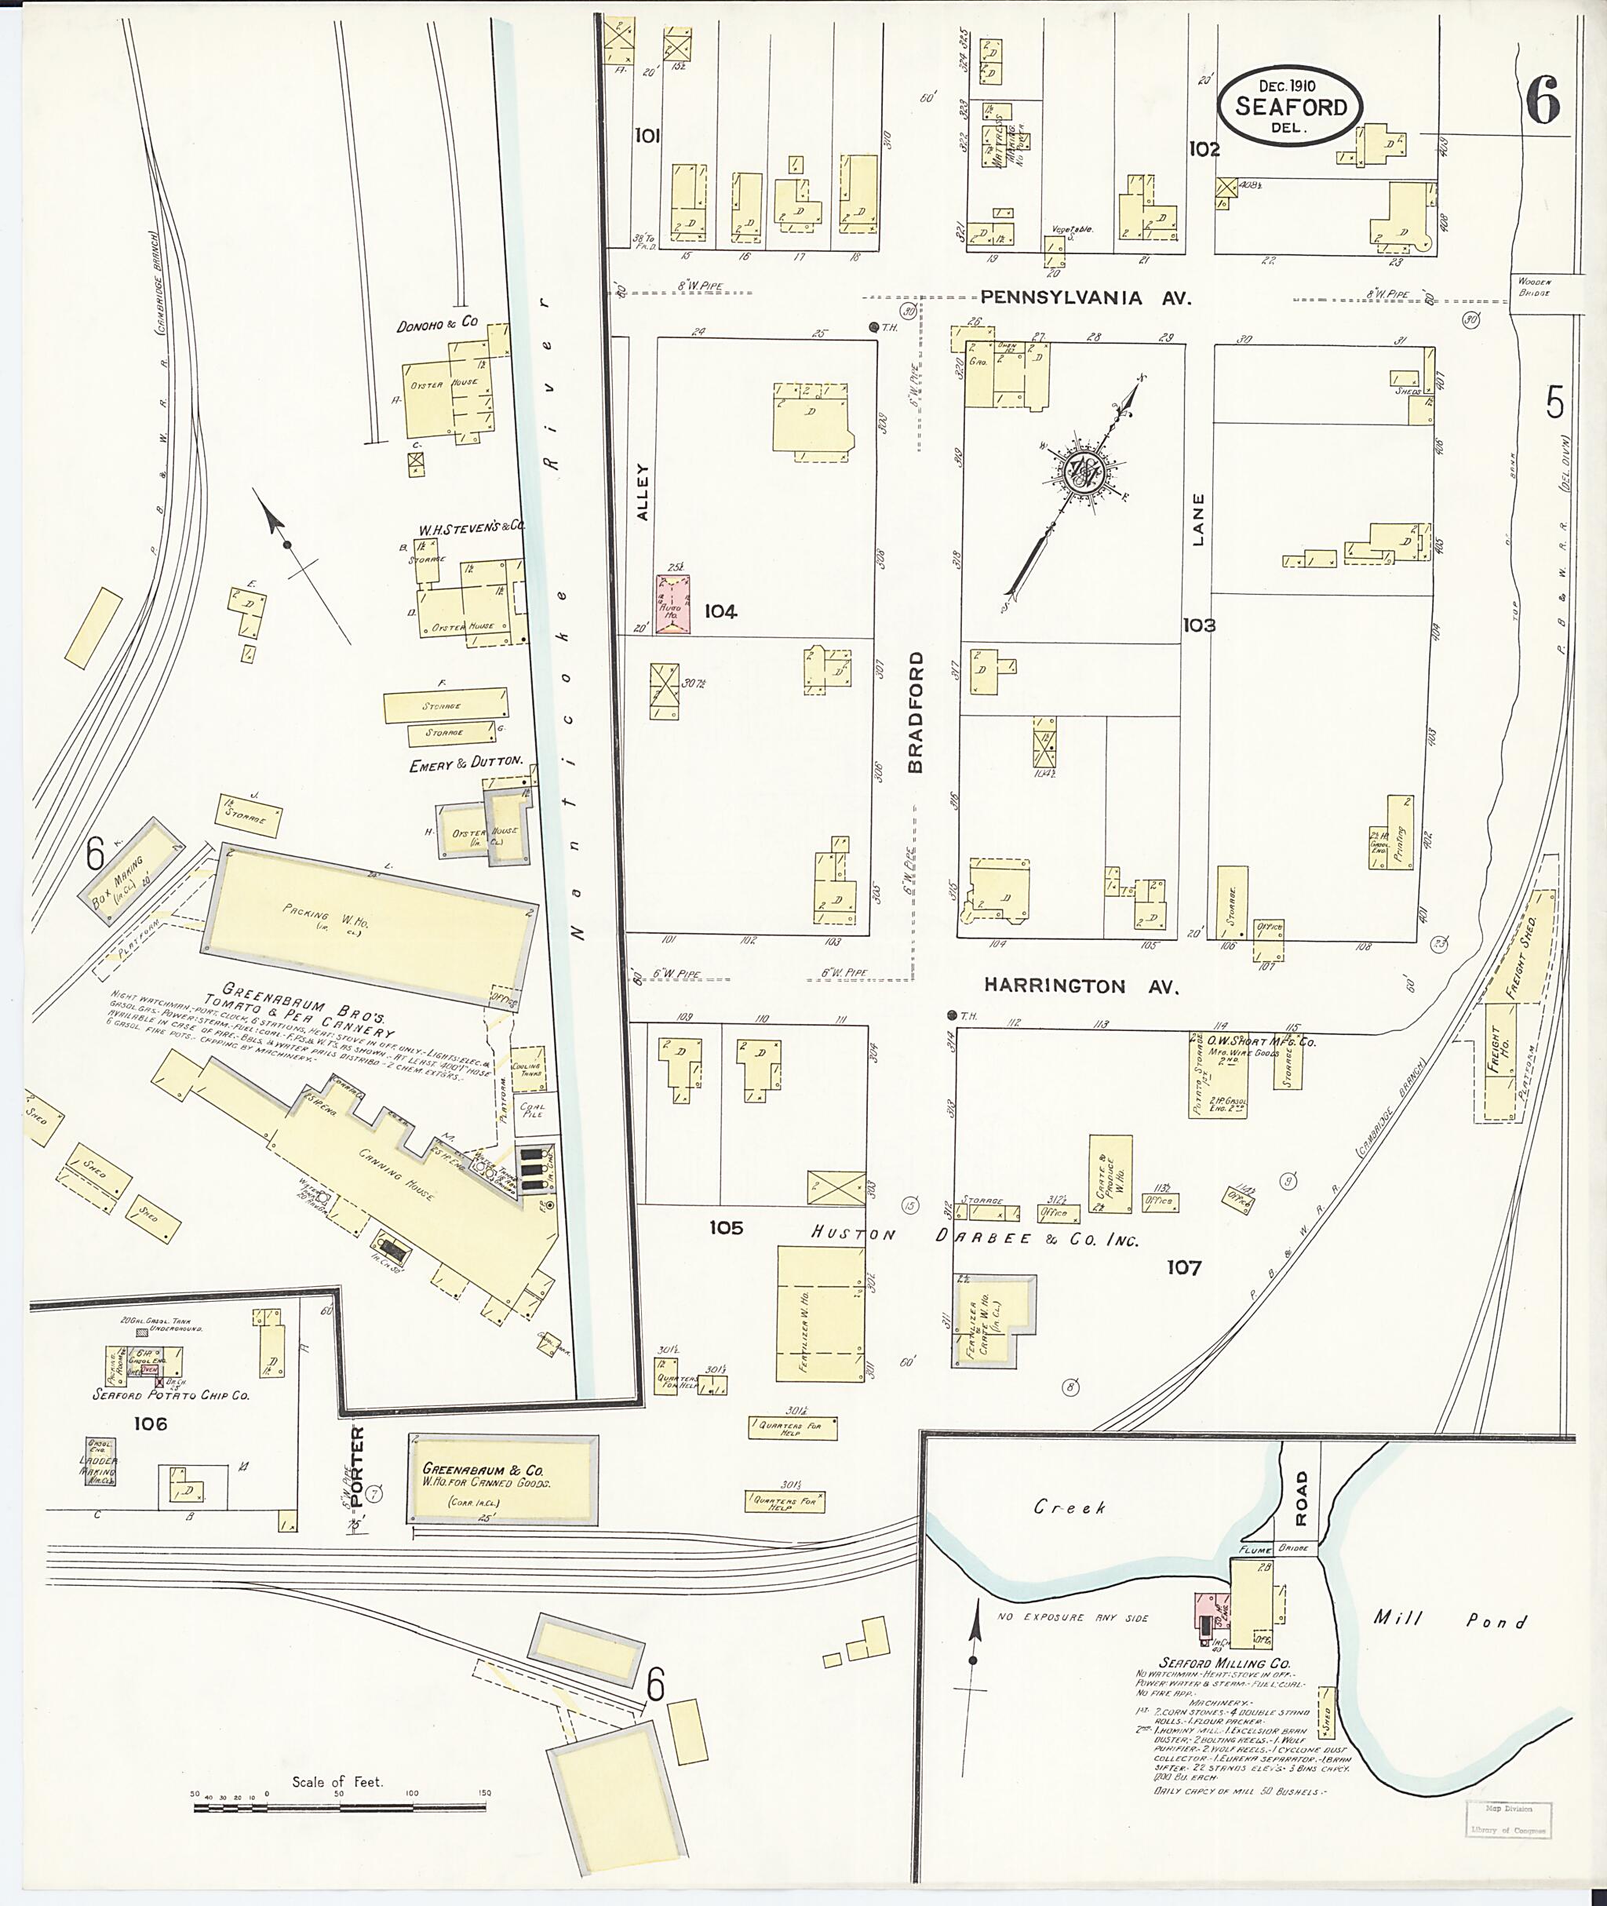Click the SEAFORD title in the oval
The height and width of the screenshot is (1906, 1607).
pyautogui.click(x=1290, y=107)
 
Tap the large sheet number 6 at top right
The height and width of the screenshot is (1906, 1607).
pyautogui.click(x=1543, y=100)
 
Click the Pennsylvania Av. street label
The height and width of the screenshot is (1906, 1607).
pyautogui.click(x=1086, y=298)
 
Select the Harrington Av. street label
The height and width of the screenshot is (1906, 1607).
pyautogui.click(x=1081, y=986)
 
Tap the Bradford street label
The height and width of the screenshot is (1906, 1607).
pyautogui.click(x=916, y=712)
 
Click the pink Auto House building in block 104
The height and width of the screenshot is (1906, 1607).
pyautogui.click(x=673, y=604)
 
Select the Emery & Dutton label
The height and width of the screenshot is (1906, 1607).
pyautogui.click(x=465, y=764)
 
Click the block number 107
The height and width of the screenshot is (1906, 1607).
pyautogui.click(x=1183, y=1267)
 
